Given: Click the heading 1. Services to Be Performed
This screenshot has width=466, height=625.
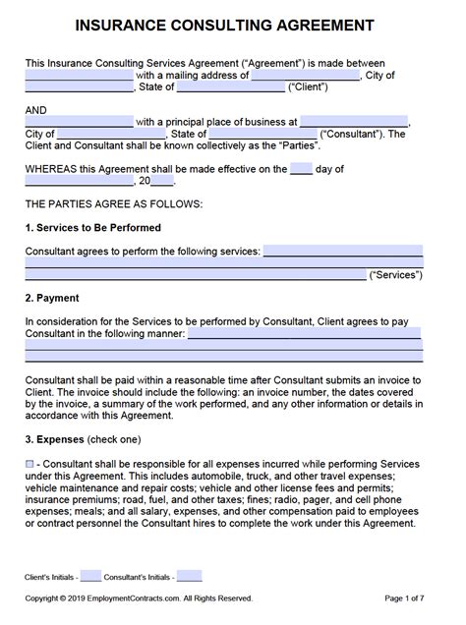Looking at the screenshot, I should pos(92,228).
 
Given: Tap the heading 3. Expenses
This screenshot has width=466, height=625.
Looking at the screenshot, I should pos(54,437).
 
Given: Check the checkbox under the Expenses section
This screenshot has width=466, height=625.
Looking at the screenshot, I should pos(29,463).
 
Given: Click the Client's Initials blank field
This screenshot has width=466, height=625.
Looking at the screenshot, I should pos(90,576).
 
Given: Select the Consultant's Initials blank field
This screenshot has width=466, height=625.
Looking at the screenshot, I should pos(190,576).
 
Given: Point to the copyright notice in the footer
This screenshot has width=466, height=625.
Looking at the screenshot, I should pos(139,597).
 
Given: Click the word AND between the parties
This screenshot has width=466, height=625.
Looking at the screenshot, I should pos(36,111).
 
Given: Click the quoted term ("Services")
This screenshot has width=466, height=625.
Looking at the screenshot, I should pos(396,275).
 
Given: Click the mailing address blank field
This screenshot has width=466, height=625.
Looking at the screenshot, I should pos(306,75).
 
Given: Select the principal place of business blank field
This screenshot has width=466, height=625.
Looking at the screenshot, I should pos(354,122).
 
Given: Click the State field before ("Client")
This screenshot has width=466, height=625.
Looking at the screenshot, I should pos(230,86).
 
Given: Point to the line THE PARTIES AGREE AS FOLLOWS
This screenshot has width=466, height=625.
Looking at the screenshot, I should pos(113,203).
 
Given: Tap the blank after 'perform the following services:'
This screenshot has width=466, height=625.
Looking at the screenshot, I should pos(342,252).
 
